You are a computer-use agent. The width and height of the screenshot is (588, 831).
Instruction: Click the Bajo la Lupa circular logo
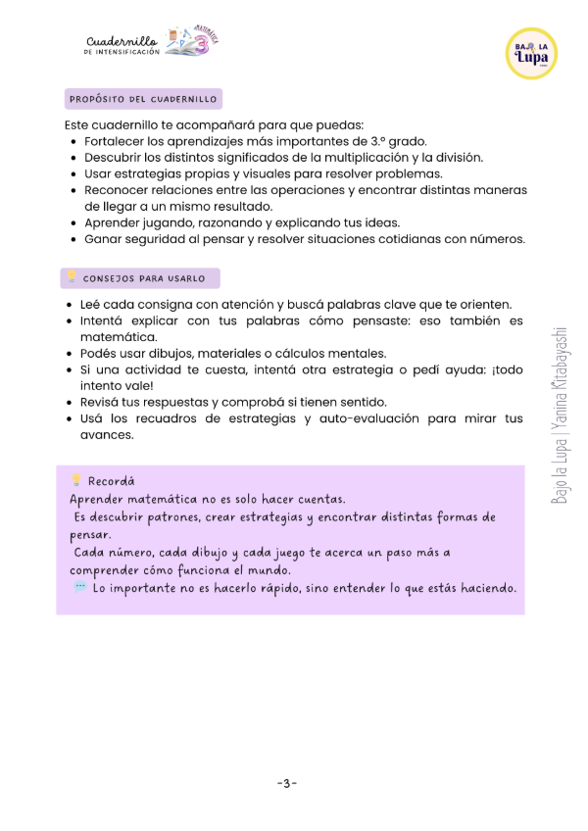535,53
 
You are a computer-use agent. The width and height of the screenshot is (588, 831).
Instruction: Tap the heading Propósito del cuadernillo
143,99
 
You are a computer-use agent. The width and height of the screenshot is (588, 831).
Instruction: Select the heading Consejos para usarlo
144,278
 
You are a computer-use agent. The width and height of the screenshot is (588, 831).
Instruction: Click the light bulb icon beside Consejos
71,277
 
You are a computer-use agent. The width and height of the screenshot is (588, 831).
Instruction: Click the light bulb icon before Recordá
75,480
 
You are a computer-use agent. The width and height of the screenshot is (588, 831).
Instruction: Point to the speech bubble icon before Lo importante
79,587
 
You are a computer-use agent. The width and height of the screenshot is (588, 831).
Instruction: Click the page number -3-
286,784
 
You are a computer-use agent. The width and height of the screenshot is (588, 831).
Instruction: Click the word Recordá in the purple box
112,481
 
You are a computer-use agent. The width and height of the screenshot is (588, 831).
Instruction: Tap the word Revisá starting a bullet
103,402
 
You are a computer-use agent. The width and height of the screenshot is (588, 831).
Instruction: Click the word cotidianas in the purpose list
415,238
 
